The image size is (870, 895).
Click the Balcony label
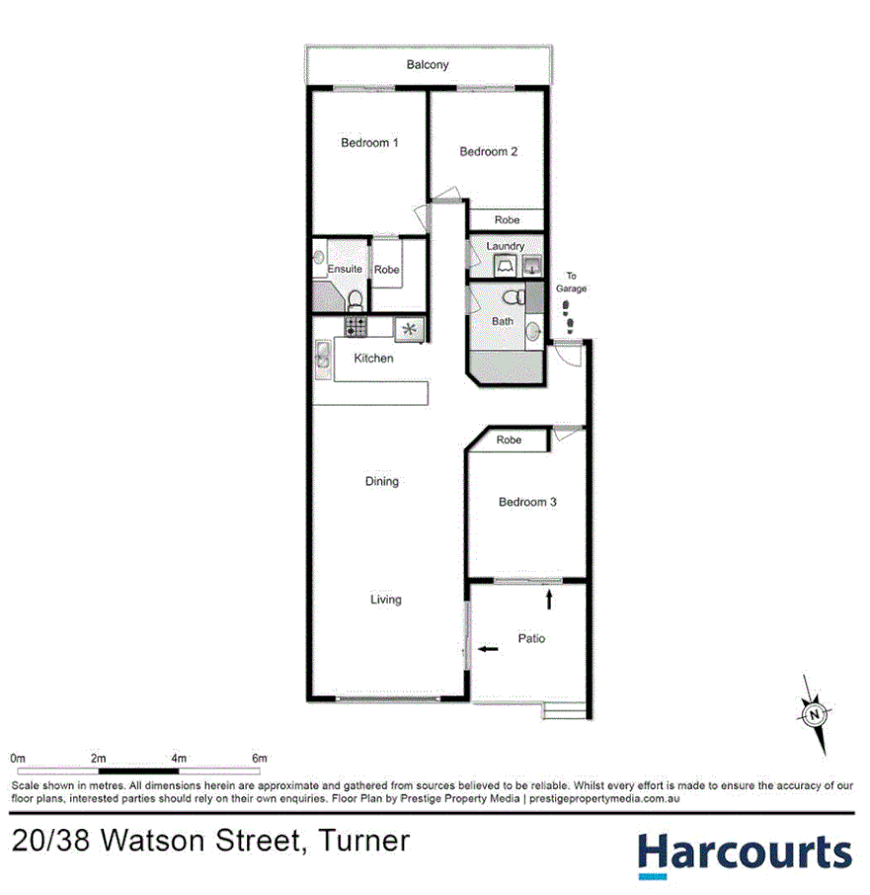(428, 65)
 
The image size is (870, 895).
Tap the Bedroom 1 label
(369, 143)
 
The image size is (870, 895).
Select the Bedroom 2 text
(488, 152)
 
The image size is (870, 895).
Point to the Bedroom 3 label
(527, 502)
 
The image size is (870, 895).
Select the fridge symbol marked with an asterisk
(409, 328)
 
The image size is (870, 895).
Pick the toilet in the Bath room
(511, 297)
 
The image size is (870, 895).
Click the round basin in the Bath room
(534, 329)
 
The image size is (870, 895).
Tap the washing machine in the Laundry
(505, 265)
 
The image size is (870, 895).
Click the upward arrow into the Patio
(549, 599)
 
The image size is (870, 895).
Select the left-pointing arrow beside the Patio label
(488, 649)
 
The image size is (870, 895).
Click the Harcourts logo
(743, 853)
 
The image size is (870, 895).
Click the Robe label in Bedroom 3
(509, 440)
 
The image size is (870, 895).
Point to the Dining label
(381, 482)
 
